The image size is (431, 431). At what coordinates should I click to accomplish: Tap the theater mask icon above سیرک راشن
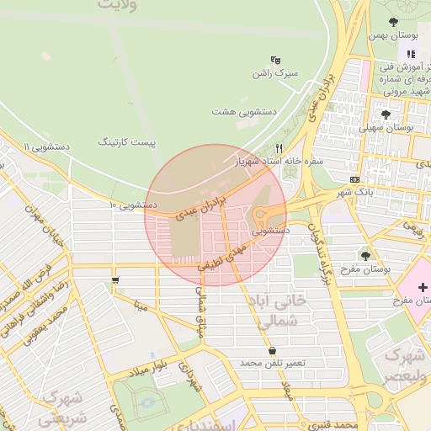pyautogui.click(x=275, y=60)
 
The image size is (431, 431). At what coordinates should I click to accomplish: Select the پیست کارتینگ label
pyautogui.click(x=127, y=142)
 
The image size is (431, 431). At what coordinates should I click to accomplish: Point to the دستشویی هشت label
pyautogui.click(x=243, y=110)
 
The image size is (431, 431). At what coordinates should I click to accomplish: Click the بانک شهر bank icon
pyautogui.click(x=355, y=179)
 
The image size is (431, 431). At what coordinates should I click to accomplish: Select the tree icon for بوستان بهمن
pyautogui.click(x=394, y=22)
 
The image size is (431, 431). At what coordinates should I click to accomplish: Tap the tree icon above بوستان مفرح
pyautogui.click(x=364, y=255)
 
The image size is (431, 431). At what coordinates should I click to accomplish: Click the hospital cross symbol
pyautogui.click(x=422, y=287)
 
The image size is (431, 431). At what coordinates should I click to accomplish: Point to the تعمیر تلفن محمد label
pyautogui.click(x=272, y=362)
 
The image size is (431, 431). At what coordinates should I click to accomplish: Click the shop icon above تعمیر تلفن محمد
pyautogui.click(x=271, y=350)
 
